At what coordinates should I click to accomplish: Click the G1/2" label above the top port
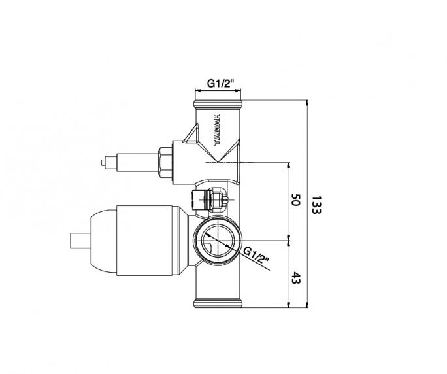pos(220,83)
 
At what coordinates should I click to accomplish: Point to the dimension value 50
pos(295,199)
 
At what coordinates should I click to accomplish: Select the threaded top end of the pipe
pos(219,105)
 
